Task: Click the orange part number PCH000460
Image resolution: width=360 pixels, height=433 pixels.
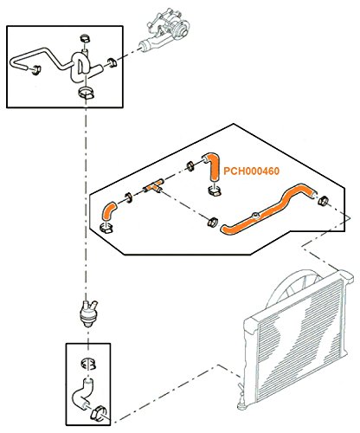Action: click(252, 171)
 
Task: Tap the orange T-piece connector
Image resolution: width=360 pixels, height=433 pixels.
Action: click(153, 186)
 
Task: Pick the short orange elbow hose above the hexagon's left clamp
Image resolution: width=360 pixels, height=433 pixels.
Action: click(108, 212)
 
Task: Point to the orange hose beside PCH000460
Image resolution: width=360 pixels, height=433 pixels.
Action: click(212, 166)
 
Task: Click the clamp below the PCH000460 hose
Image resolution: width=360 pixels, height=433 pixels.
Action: click(215, 191)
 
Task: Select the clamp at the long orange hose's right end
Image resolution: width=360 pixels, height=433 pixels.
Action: click(324, 200)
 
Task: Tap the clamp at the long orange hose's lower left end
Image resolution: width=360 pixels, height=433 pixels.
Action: click(213, 222)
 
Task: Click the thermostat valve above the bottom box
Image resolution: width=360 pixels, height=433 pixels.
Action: click(87, 313)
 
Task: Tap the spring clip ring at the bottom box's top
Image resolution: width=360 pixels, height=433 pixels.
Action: click(88, 363)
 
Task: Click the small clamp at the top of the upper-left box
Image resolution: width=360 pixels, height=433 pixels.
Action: click(85, 38)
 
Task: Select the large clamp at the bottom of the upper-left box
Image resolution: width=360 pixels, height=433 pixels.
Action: click(86, 92)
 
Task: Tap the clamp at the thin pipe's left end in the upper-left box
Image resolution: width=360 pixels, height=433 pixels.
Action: click(36, 70)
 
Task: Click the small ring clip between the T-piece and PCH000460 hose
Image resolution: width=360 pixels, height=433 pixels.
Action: click(190, 166)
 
